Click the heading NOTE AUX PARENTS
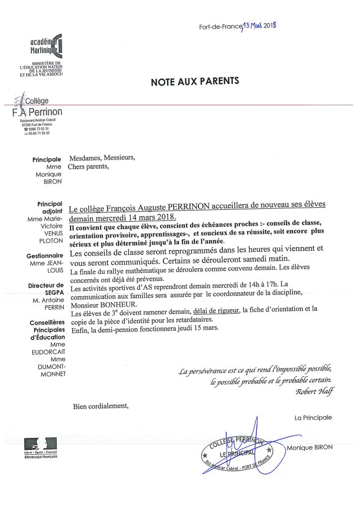click(188, 82)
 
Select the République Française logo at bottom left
click(41, 447)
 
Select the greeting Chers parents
click(88, 167)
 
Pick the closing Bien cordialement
click(100, 406)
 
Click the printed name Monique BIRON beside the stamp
click(310, 447)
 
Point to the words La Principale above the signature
click(313, 418)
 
